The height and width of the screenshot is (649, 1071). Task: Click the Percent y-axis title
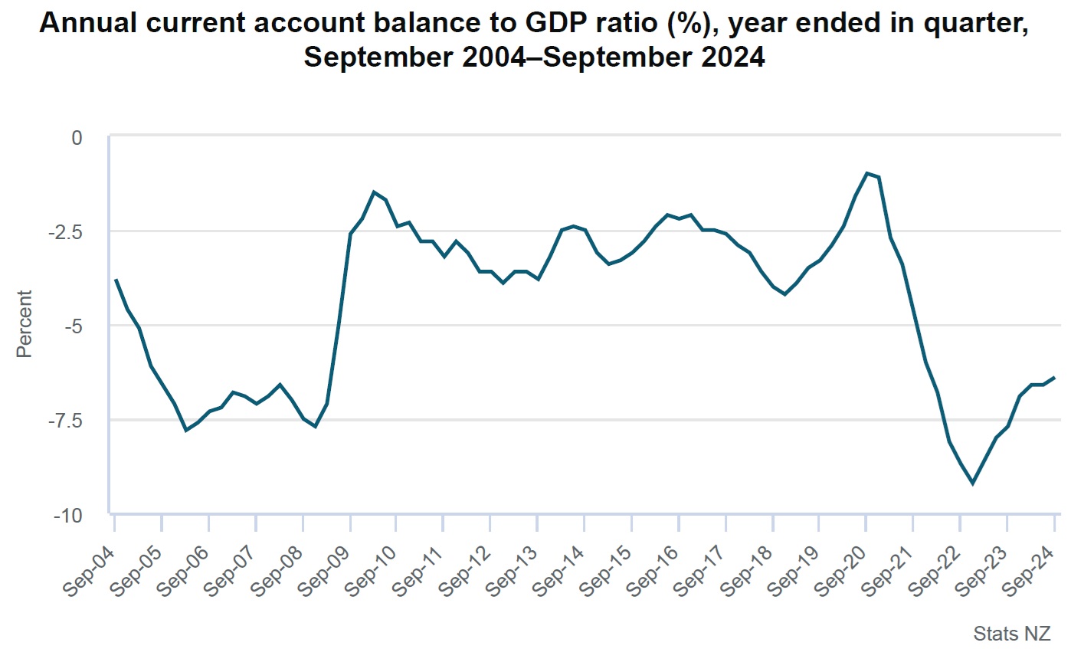pos(25,323)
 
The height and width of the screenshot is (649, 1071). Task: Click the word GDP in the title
pos(559,25)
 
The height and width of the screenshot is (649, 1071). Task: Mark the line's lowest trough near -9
pos(972,483)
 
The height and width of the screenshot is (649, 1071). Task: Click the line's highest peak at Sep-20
pos(866,173)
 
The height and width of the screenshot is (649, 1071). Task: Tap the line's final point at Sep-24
pos(1055,377)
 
